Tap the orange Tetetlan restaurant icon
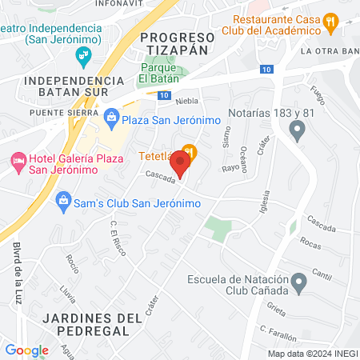point(189,150)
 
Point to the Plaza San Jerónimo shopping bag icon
point(112,120)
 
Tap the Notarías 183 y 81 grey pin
point(298,133)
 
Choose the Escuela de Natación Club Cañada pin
point(298,282)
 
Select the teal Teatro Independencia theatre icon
point(80,54)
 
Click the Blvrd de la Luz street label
point(18,274)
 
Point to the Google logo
point(26,350)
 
